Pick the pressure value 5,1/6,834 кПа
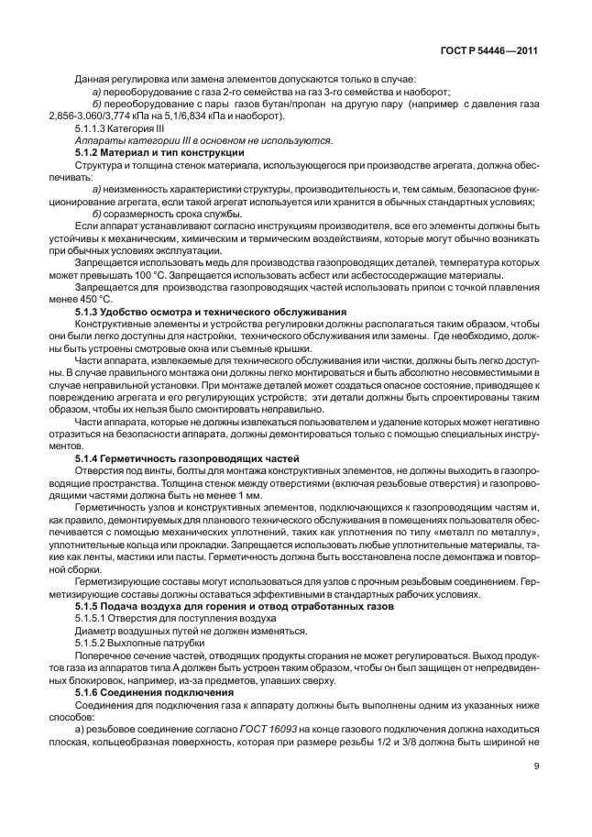(185, 116)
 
